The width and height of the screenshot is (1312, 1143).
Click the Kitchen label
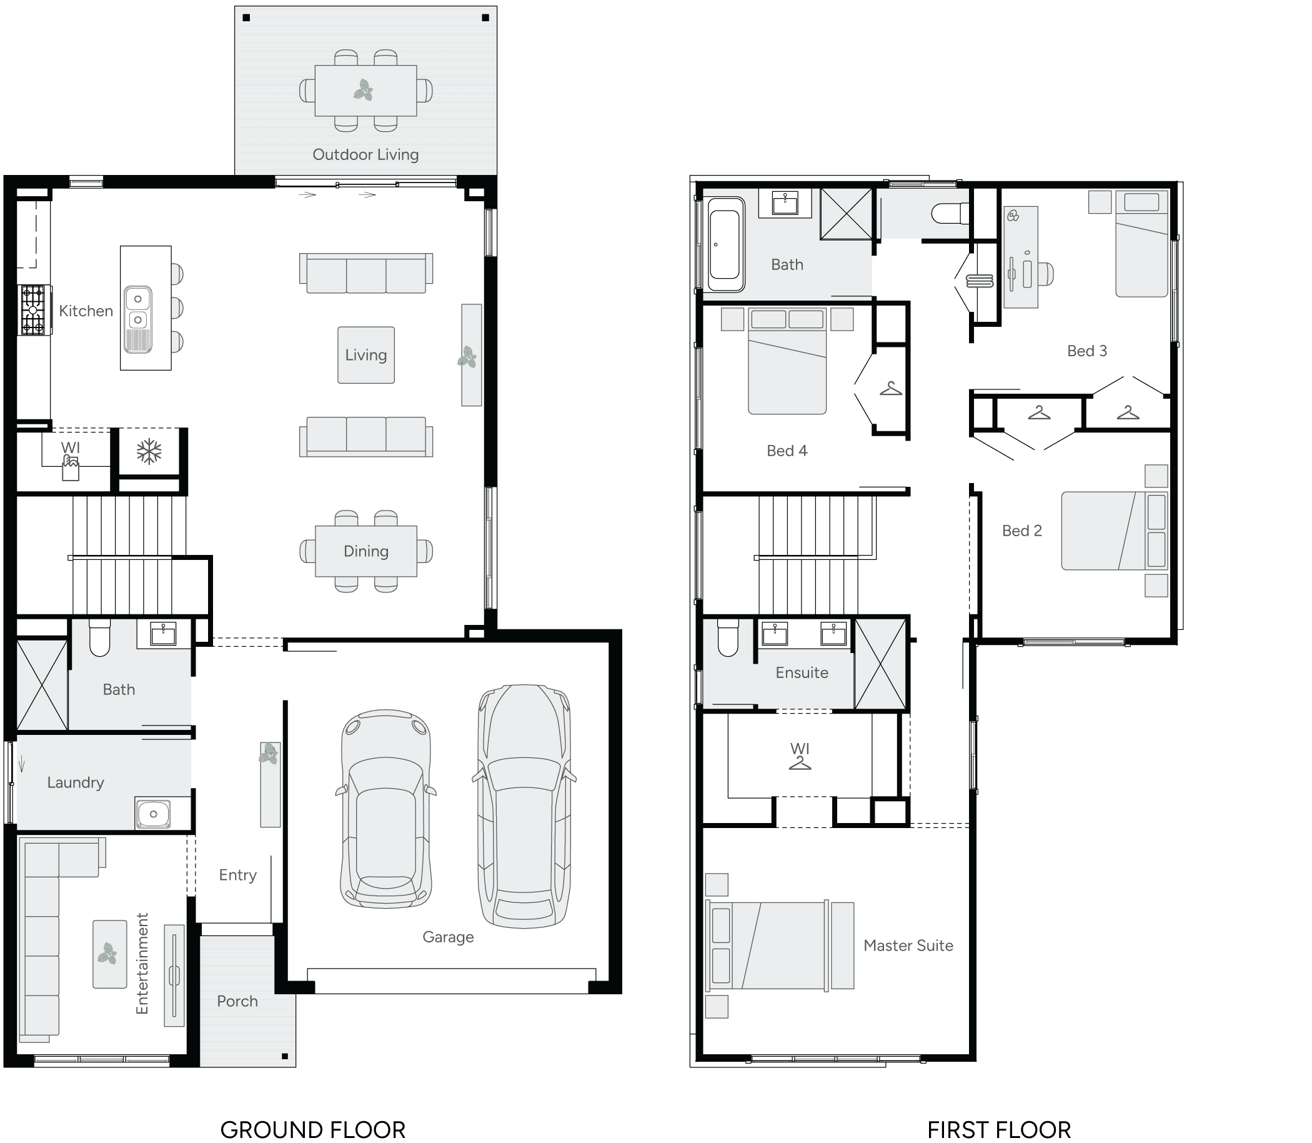tap(86, 311)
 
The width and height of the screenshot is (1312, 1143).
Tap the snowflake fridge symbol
tap(149, 452)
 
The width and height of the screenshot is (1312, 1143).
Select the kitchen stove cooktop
tap(33, 310)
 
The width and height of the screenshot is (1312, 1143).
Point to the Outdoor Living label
tap(365, 155)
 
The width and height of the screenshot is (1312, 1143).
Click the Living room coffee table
tap(366, 356)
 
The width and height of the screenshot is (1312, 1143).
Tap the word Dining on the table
tap(366, 551)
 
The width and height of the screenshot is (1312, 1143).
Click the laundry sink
tap(153, 814)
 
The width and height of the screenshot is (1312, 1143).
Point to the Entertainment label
tap(142, 963)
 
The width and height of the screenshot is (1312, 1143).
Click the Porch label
tap(237, 1001)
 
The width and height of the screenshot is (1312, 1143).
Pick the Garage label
tap(448, 937)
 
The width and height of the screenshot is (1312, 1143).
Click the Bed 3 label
tap(1087, 351)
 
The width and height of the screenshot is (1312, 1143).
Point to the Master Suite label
tap(908, 946)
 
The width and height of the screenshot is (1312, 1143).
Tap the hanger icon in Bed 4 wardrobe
tap(891, 389)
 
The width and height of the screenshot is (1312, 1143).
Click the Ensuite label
tap(802, 672)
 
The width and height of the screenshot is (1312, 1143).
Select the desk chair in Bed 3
tap(1046, 274)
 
